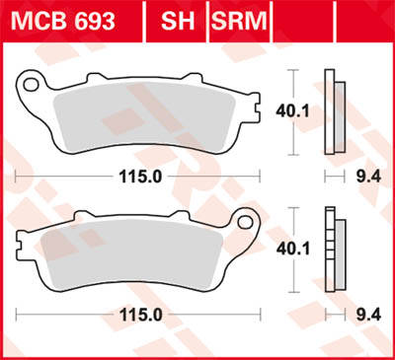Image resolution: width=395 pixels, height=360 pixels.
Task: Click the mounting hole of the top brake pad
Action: click(x=31, y=86)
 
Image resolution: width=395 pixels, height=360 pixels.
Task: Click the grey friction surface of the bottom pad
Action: click(x=128, y=256)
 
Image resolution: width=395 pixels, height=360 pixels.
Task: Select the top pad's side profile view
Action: click(x=333, y=113)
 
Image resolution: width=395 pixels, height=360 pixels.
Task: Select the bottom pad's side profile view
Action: click(x=333, y=251)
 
